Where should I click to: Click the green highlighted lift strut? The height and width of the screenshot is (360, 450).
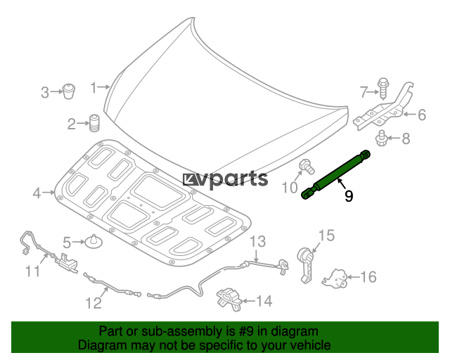[x=336, y=174]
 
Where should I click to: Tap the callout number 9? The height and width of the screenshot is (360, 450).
[x=349, y=196]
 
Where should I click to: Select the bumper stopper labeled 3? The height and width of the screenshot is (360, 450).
[x=69, y=91]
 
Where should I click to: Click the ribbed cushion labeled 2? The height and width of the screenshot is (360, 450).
[x=94, y=124]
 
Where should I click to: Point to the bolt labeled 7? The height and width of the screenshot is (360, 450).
[x=382, y=88]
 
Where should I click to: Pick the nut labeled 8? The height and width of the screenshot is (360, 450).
[x=381, y=139]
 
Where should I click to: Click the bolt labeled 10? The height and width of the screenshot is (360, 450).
[x=307, y=167]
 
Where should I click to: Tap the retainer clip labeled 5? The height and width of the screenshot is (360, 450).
[x=94, y=242]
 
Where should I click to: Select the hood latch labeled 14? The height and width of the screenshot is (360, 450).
[x=229, y=299]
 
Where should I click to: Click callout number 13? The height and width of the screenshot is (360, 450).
[x=258, y=242]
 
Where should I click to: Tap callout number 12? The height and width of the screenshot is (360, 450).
[x=94, y=303]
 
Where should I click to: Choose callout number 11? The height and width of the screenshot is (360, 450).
[x=33, y=271]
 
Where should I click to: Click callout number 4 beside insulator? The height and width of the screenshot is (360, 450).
[x=37, y=193]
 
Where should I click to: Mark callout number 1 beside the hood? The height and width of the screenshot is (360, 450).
[x=94, y=88]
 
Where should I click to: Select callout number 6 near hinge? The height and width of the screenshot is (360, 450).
[x=422, y=115]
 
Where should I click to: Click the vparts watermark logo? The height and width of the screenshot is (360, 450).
[x=225, y=179]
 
